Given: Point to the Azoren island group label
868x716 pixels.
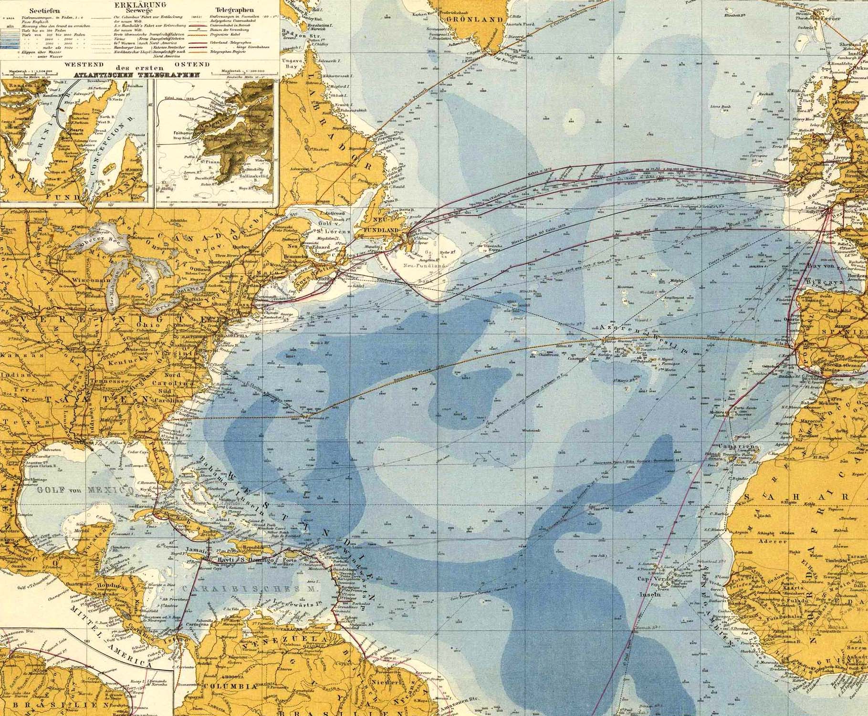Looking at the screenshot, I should (x=614, y=329).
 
